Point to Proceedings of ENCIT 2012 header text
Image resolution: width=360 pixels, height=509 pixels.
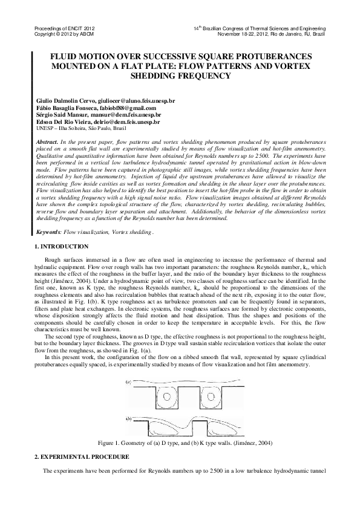[x=60, y=29]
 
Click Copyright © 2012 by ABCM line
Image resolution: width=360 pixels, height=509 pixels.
[x=57, y=34]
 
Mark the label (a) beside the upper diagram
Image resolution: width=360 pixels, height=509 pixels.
[x=129, y=382]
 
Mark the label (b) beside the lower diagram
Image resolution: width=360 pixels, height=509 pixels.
[x=129, y=418]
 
